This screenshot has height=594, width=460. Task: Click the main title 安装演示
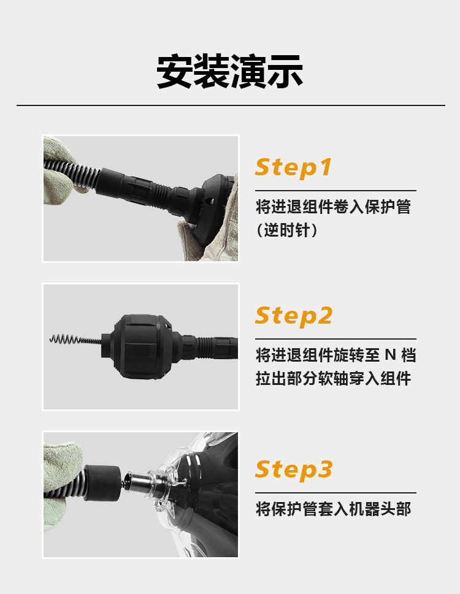229,72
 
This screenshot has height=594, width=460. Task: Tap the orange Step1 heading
293,167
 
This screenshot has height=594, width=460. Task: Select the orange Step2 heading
294,316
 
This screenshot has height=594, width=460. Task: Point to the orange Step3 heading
294,470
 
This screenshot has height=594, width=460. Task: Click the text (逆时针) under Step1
287,230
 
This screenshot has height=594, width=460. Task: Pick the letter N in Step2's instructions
390,356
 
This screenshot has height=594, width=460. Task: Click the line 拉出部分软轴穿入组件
333,378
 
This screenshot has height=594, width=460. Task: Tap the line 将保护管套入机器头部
333,509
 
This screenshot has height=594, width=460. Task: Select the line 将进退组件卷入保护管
333,207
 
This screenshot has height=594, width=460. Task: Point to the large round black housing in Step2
140,346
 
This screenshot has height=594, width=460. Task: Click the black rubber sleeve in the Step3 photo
102,482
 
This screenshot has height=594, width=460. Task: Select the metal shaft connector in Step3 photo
140,481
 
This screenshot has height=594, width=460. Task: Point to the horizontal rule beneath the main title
231,105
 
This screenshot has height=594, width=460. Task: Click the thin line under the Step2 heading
335,339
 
